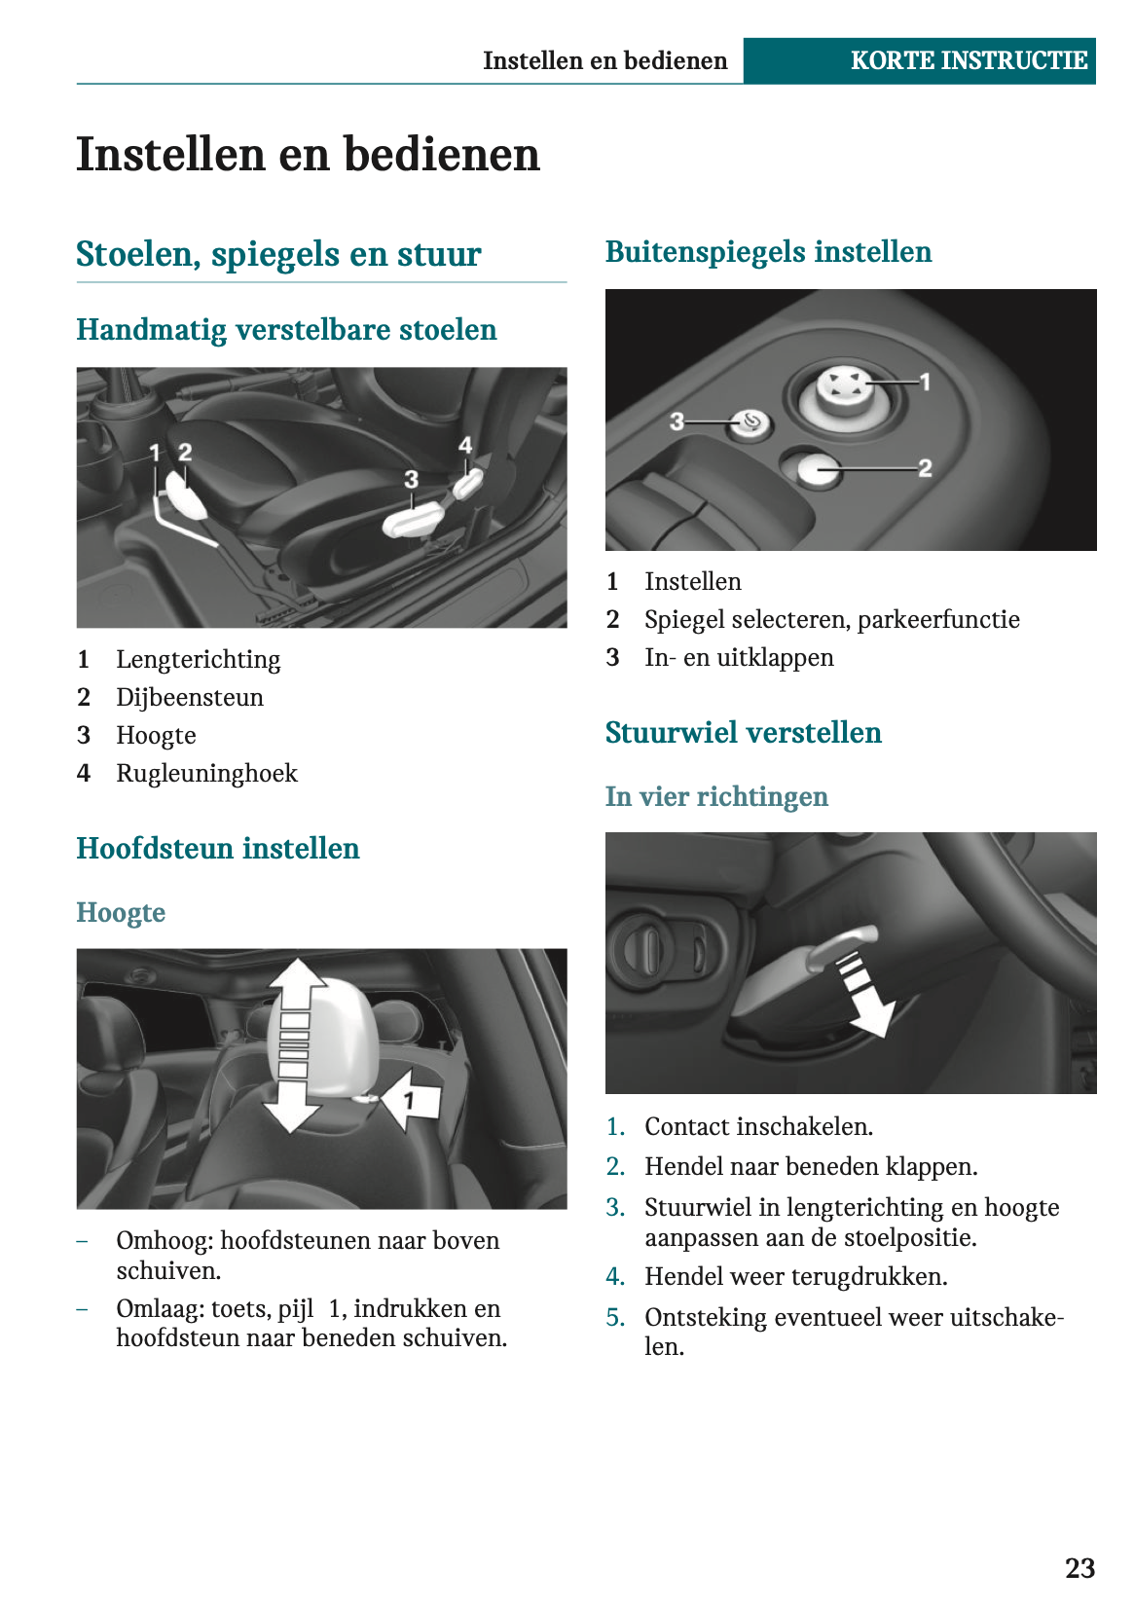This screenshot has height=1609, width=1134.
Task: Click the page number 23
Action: point(1079,1568)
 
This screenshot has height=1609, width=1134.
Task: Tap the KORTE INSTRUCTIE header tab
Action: point(969,60)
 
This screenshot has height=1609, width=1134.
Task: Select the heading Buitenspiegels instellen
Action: point(768,252)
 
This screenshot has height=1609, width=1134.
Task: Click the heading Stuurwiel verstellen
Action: point(743,733)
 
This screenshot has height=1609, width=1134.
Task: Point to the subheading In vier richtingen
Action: point(716,797)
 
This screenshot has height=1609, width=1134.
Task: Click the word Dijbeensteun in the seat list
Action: point(190,698)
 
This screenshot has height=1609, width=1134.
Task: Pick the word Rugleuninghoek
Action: point(206,774)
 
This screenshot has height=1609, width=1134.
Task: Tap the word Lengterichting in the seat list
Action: point(198,660)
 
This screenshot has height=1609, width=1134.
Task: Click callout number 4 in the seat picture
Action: point(465,445)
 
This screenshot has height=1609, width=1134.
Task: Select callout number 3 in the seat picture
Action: point(412,479)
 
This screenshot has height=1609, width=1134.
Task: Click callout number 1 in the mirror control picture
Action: point(925,382)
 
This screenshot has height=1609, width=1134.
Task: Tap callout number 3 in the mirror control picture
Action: point(677,421)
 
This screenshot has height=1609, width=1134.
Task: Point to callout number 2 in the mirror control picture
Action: point(925,468)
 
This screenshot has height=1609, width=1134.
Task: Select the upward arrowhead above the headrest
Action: point(298,975)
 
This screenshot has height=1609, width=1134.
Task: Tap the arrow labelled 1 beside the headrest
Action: point(412,1100)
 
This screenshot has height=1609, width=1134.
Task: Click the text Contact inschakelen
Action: point(758,1127)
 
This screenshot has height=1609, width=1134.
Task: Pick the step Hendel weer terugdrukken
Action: point(795,1277)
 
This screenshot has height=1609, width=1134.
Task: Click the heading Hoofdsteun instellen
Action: point(218,849)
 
